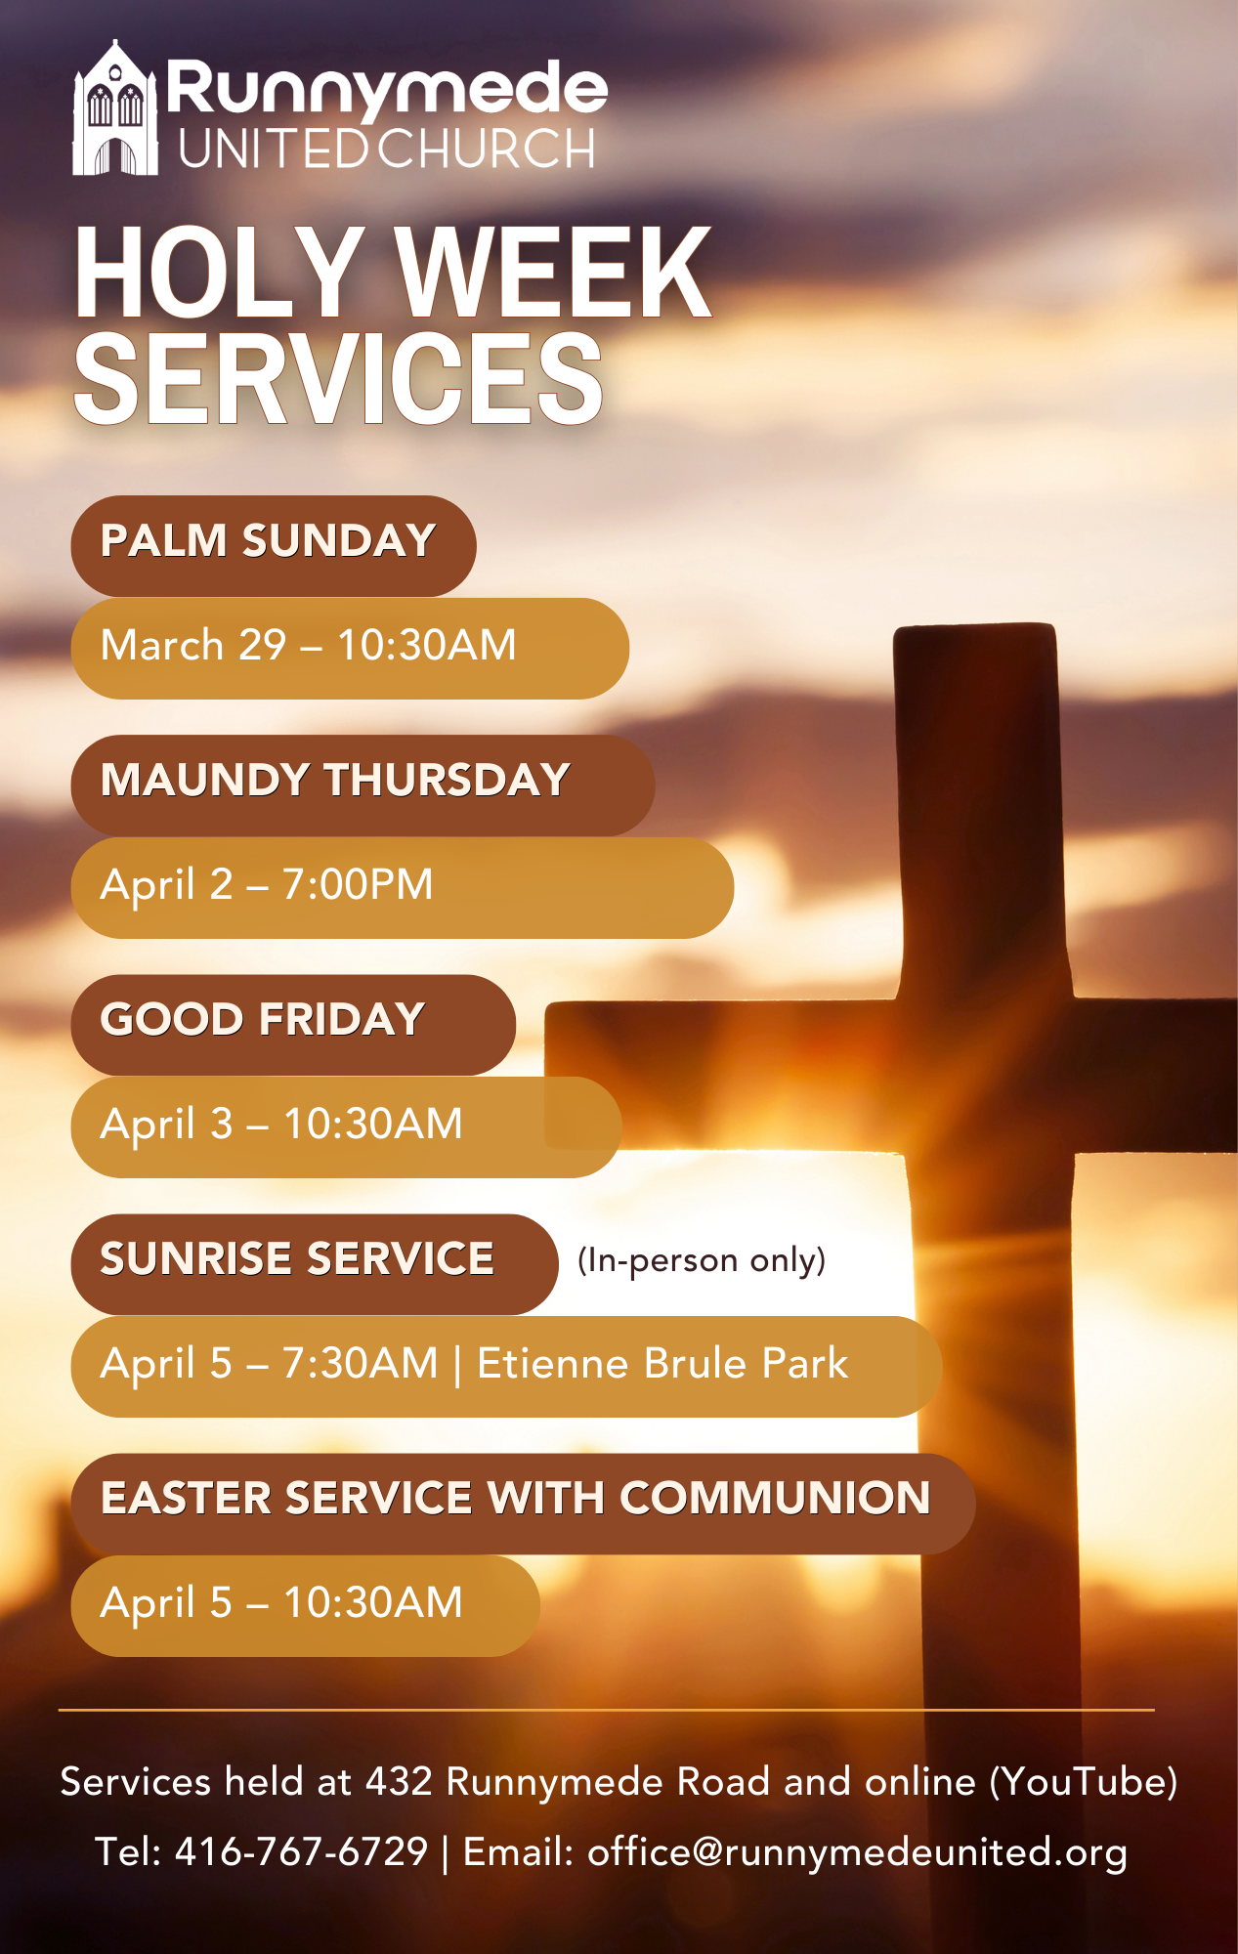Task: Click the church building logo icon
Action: (x=115, y=109)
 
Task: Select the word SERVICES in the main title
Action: (x=338, y=379)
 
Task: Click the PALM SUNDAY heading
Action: (x=268, y=541)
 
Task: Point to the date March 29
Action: (x=193, y=646)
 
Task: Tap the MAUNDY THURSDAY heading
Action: (x=335, y=781)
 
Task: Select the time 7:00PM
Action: (x=358, y=885)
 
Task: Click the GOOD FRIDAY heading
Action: (x=262, y=1020)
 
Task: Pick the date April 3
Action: (x=167, y=1125)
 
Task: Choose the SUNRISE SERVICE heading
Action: (x=297, y=1259)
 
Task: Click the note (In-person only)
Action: (x=702, y=1260)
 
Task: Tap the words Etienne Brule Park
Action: (x=662, y=1364)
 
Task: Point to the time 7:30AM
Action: (x=361, y=1364)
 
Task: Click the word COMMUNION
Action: (x=775, y=1499)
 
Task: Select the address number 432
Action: (x=399, y=1782)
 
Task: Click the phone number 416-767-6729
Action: (x=301, y=1851)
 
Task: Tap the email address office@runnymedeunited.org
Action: (x=857, y=1852)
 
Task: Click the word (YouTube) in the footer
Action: (x=1084, y=1782)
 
